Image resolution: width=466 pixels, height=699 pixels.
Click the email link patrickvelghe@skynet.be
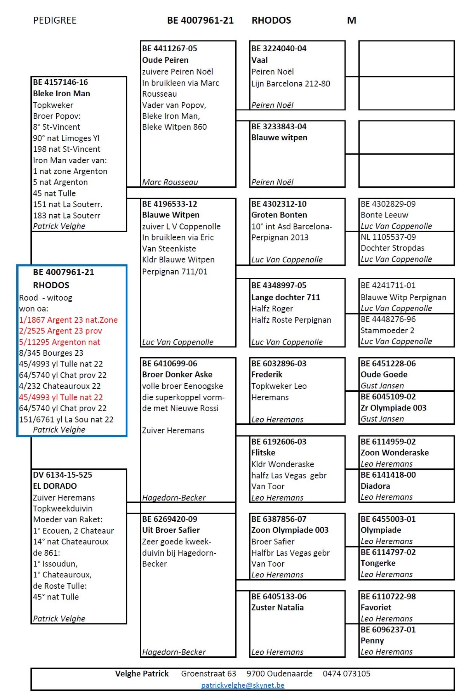[243, 685]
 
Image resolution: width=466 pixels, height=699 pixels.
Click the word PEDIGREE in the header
[55, 21]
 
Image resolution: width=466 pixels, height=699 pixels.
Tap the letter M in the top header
[351, 21]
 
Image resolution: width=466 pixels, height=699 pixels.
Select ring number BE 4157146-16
[61, 82]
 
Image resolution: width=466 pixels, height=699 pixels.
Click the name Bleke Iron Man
[61, 94]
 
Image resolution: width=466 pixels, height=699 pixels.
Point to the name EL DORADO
[55, 486]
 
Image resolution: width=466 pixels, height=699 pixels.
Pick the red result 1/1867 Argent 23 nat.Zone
[68, 320]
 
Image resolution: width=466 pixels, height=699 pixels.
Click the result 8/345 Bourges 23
[51, 353]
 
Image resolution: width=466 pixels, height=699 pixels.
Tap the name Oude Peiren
[165, 60]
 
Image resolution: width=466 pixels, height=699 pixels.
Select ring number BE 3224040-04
[279, 49]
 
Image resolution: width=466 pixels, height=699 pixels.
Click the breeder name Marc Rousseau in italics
[170, 182]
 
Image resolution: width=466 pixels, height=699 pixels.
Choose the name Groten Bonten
[279, 215]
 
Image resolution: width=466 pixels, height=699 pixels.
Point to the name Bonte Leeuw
[384, 215]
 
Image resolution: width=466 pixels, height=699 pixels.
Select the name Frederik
[267, 374]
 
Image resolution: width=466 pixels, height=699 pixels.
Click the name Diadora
[375, 486]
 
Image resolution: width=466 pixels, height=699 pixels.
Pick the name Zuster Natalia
[277, 607]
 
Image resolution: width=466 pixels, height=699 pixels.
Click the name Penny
[372, 640]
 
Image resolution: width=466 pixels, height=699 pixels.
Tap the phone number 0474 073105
[346, 674]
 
